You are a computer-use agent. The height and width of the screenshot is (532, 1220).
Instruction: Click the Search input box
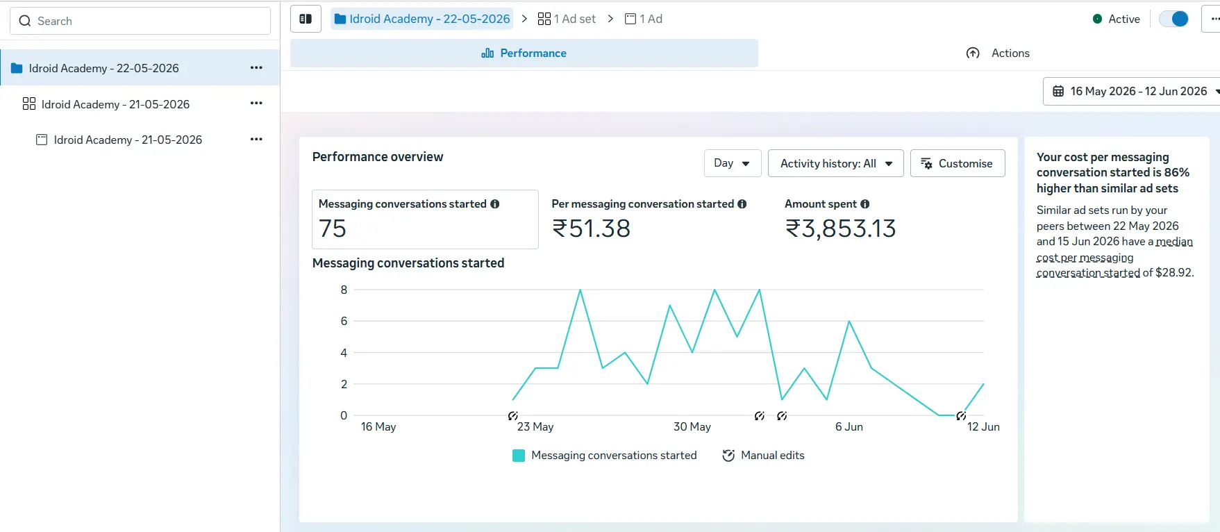click(140, 21)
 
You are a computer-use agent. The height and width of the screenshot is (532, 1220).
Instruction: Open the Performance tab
click(524, 53)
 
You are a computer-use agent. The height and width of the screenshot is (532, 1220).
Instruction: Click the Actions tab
click(998, 53)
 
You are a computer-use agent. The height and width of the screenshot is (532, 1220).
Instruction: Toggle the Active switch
click(1174, 19)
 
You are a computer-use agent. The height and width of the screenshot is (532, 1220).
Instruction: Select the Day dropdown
click(733, 163)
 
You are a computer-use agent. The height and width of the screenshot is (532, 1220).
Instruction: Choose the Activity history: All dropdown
click(836, 163)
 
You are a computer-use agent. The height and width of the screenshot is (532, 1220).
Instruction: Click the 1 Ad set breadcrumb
click(567, 19)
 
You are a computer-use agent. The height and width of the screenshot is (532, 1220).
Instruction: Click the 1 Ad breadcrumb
click(644, 19)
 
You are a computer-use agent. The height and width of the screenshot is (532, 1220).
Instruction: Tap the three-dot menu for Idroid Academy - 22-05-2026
click(256, 68)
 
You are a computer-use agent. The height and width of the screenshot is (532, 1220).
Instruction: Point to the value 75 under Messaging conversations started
click(333, 228)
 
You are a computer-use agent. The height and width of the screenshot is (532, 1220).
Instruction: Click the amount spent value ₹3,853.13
click(841, 228)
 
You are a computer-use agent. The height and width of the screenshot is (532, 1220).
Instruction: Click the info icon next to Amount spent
click(865, 204)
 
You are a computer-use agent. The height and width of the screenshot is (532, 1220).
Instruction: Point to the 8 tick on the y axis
click(344, 290)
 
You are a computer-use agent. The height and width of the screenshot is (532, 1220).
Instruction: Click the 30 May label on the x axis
click(692, 426)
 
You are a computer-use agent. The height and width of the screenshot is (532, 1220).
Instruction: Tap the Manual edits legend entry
click(764, 456)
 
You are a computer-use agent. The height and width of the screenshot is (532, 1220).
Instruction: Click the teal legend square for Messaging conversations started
click(519, 456)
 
